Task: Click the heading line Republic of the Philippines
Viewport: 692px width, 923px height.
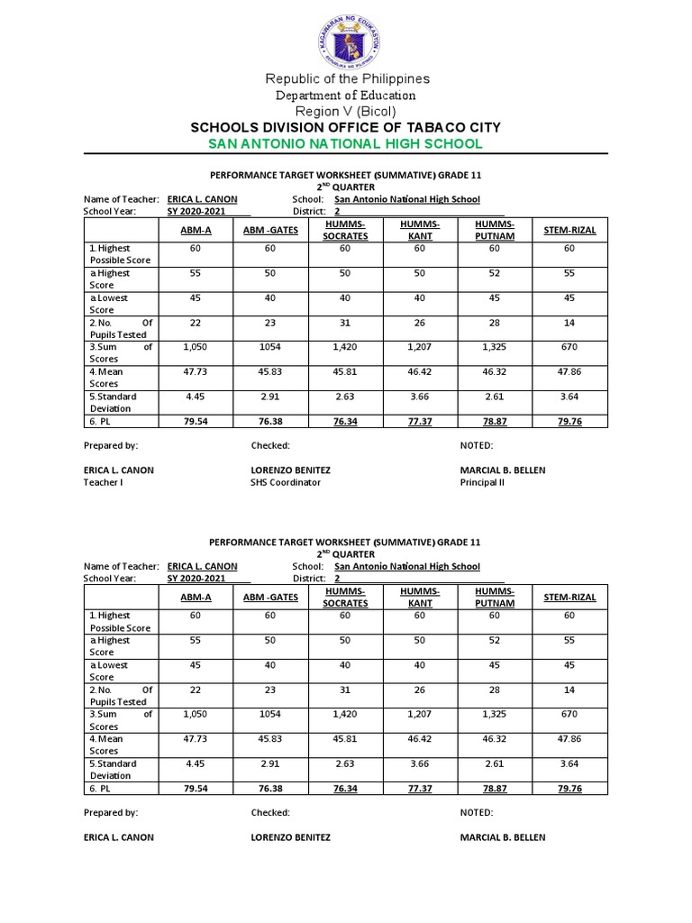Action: coord(346,78)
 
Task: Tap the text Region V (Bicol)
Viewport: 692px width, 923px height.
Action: coord(346,111)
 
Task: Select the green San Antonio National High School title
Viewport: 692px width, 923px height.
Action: coord(346,144)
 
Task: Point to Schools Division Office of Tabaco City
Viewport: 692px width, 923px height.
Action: coord(346,127)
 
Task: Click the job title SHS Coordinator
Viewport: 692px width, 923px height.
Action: coord(285,482)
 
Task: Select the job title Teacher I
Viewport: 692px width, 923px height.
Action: coord(104,482)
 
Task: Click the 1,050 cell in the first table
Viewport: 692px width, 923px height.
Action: coord(196,346)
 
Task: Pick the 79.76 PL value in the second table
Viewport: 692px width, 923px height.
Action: coord(569,788)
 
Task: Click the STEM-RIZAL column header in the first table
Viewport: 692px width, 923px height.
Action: coord(569,231)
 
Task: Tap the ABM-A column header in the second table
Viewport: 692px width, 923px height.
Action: coord(196,598)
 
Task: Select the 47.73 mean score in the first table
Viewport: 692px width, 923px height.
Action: coord(196,370)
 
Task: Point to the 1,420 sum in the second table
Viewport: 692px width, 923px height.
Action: coord(345,713)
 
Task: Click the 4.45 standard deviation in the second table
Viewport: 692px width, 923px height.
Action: coord(196,763)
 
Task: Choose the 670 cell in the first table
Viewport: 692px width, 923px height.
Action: coord(569,346)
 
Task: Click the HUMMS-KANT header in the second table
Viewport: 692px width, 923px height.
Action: coord(420,597)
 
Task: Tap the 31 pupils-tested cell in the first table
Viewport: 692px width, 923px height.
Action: coord(345,322)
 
